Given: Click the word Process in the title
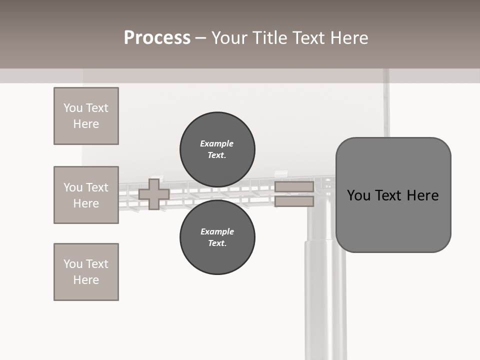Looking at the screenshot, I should (x=157, y=38).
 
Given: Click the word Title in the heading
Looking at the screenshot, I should (x=269, y=38).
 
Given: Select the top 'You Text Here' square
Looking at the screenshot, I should (x=86, y=116).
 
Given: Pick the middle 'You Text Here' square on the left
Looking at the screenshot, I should (x=86, y=195).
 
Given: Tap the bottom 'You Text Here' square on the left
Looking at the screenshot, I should (x=86, y=272).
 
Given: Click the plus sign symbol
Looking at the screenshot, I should (x=154, y=194).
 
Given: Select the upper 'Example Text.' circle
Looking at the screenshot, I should (x=217, y=149).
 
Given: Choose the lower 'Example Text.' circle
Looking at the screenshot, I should (x=217, y=237).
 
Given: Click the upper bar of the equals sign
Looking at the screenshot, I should (x=294, y=187).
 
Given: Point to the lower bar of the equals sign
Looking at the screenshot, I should (x=294, y=201).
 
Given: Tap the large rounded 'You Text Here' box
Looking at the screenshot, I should (x=393, y=195).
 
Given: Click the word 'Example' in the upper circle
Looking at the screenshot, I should (x=216, y=143).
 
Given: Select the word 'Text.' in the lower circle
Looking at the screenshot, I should (x=217, y=243).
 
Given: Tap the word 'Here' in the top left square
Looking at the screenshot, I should (x=86, y=124).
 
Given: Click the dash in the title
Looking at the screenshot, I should (x=201, y=38).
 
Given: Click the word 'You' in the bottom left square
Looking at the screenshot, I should (x=73, y=264).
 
